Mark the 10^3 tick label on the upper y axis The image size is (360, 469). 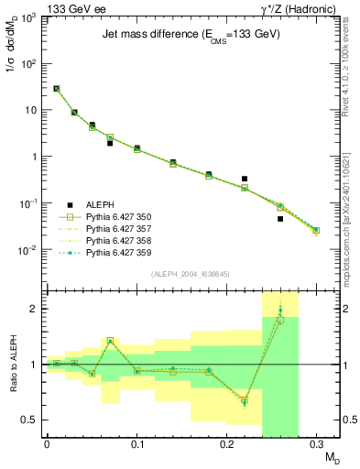pos(31,17)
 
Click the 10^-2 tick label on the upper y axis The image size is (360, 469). pos(31,249)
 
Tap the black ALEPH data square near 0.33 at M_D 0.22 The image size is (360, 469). pos(245,179)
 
